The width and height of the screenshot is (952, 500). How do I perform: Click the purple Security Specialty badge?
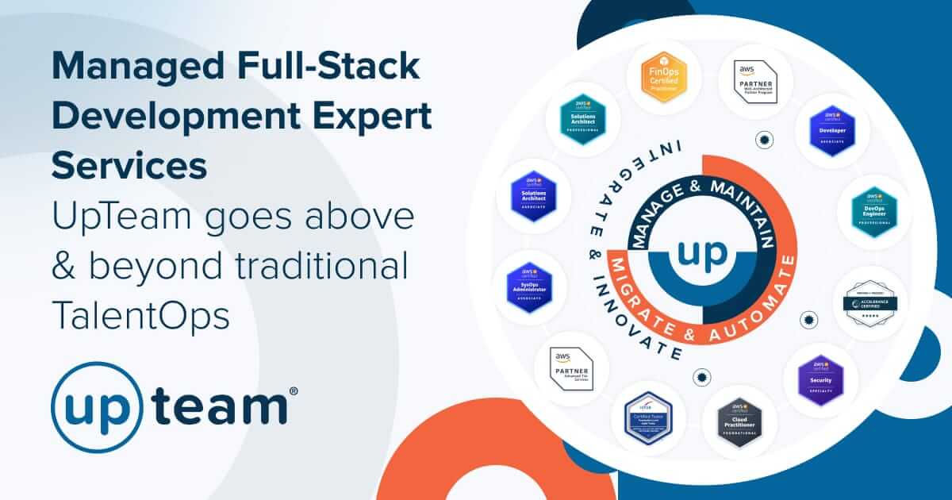(820, 379)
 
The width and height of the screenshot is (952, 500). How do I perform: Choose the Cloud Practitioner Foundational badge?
(739, 422)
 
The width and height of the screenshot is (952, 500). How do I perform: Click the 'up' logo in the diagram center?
(699, 255)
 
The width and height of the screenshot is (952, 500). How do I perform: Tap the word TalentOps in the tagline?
(140, 314)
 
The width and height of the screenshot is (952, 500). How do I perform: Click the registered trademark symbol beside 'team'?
(294, 391)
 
